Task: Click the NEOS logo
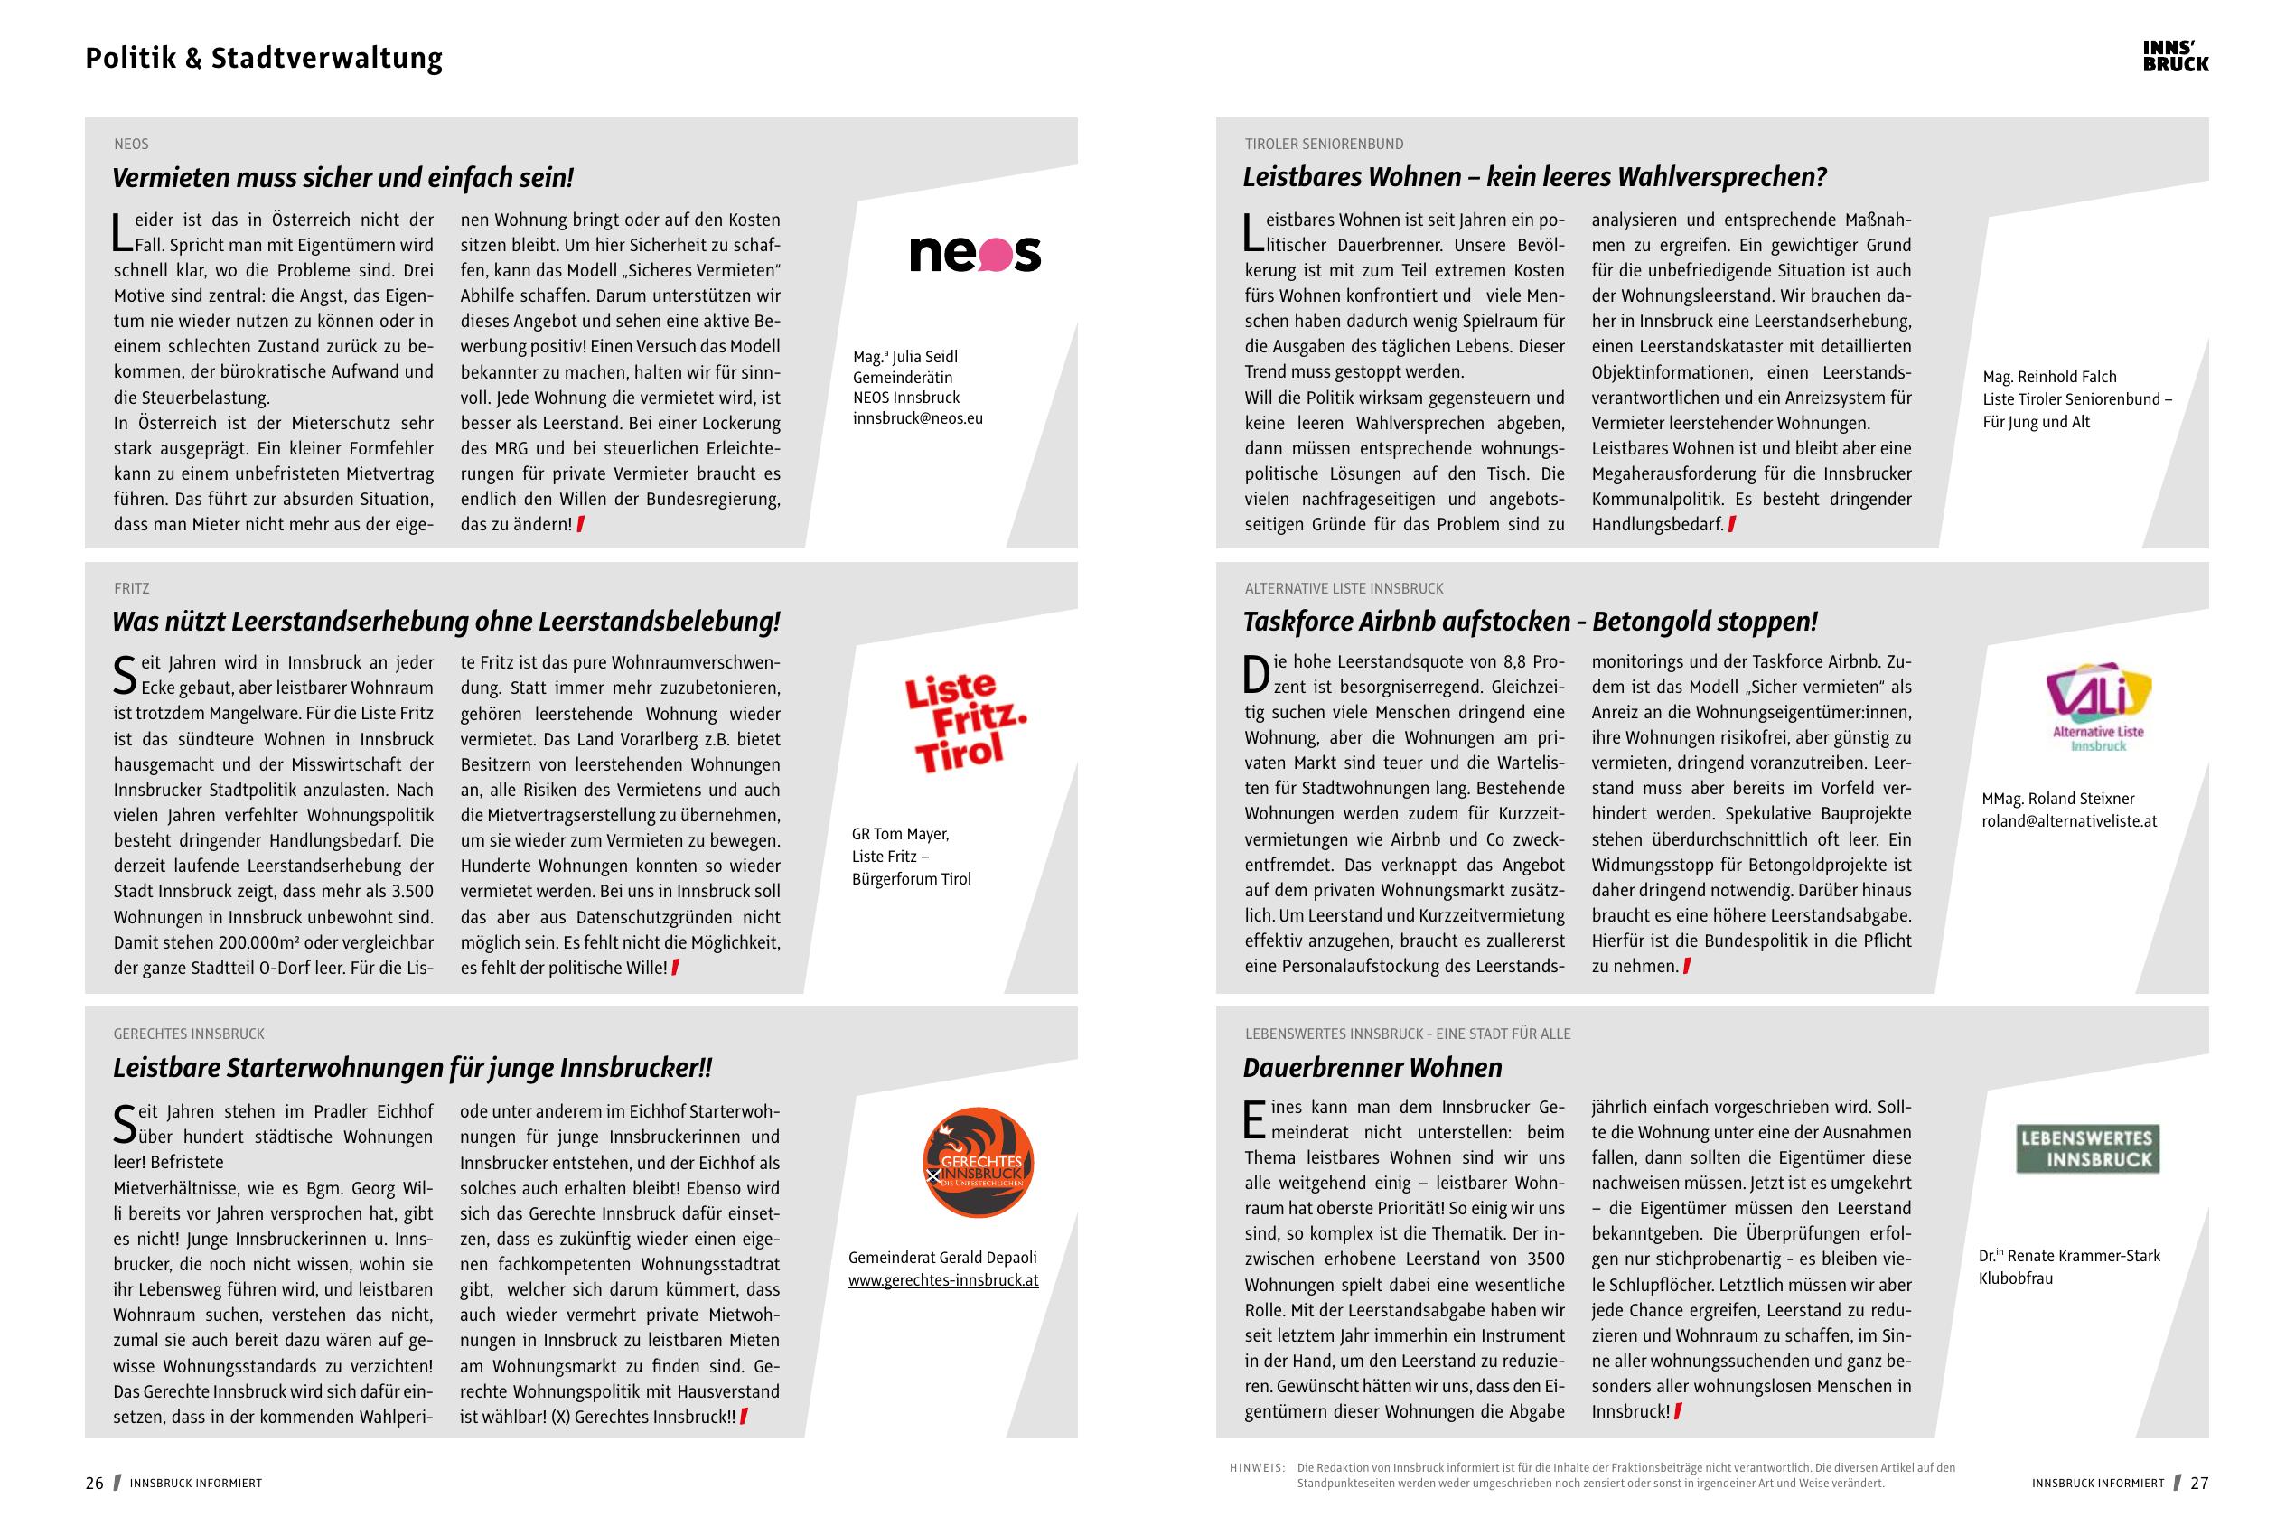[x=974, y=253]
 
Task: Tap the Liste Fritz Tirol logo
[x=963, y=721]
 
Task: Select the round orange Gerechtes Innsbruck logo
[x=977, y=1162]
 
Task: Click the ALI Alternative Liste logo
[x=2097, y=707]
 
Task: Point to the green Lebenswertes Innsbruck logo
[x=2086, y=1148]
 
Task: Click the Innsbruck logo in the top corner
[x=2176, y=56]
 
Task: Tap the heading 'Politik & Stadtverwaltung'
[x=264, y=59]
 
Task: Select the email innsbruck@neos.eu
[x=918, y=418]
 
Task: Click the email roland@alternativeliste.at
[x=2068, y=820]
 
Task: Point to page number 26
[x=94, y=1484]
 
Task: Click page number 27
[x=2198, y=1484]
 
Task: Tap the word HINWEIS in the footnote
[x=1257, y=1467]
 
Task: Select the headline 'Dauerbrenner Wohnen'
[x=1372, y=1068]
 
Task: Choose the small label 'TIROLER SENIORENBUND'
[x=1324, y=144]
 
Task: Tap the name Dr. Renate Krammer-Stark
[x=2068, y=1256]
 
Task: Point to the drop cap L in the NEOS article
[x=122, y=232]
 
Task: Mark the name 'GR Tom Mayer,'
[x=900, y=834]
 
